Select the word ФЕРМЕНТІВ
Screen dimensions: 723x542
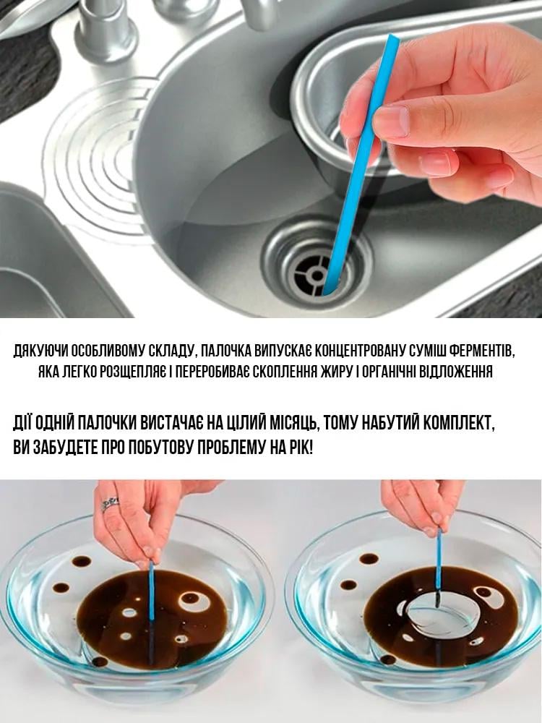(486, 352)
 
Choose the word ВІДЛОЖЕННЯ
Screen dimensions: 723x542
(469, 373)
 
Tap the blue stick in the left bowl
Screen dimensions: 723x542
(151, 589)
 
